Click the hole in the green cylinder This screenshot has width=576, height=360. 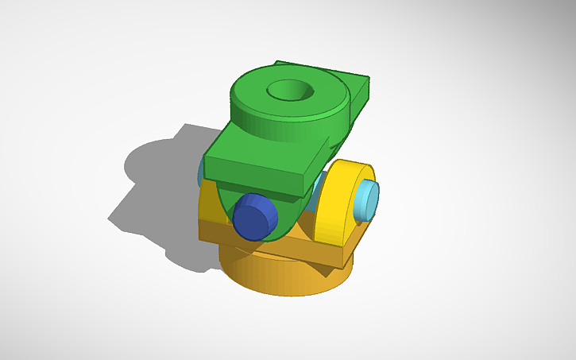point(289,90)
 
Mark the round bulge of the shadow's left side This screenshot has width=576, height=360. point(139,159)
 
